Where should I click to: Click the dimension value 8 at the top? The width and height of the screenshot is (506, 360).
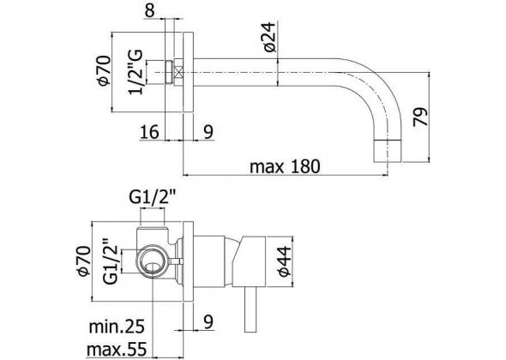coord(150,10)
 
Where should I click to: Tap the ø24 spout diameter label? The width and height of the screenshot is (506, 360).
coord(270,38)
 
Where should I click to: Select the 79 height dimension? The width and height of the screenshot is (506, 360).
coord(420,117)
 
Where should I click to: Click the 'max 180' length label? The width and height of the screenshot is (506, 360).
coord(285,166)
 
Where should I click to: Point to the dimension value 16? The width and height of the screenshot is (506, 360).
coord(149,132)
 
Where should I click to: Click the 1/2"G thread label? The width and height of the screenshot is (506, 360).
coord(136,72)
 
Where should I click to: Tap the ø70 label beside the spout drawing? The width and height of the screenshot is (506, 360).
coord(105,71)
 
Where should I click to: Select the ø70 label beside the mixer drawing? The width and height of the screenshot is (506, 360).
coord(83,261)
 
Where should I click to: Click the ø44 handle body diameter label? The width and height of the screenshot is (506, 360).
coord(285,261)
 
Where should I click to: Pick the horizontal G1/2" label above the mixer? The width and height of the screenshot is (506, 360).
coord(153,198)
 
